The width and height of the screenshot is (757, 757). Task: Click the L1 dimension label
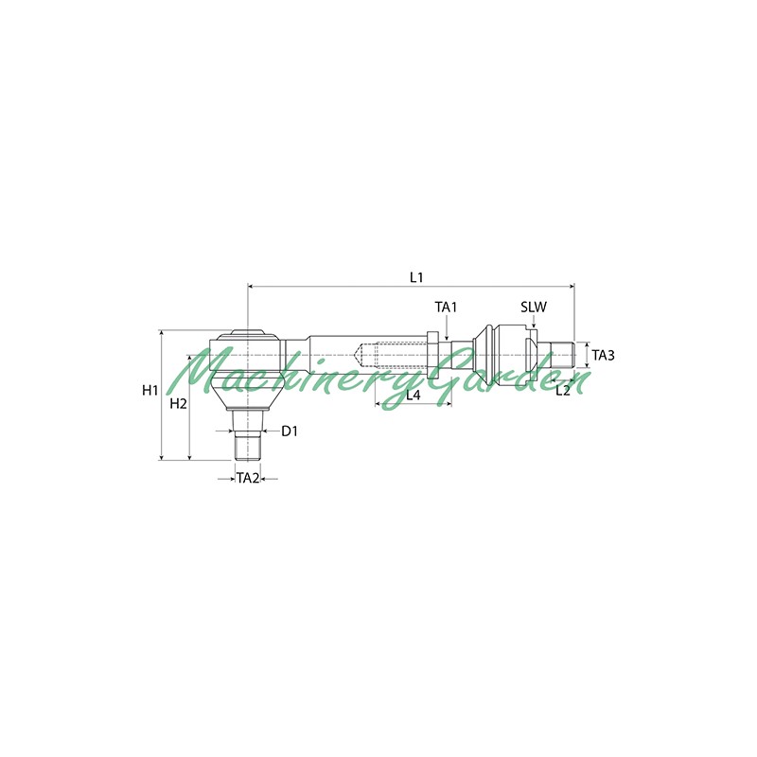click(x=416, y=277)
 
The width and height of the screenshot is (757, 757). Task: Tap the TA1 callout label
click(x=446, y=307)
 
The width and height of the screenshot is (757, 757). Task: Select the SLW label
click(x=534, y=307)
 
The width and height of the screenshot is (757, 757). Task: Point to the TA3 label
click(x=603, y=356)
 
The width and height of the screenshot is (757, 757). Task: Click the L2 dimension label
click(x=563, y=391)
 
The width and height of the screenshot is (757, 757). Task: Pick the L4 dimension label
click(x=414, y=396)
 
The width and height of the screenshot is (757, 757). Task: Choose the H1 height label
click(x=150, y=390)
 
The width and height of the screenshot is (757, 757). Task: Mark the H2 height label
click(x=178, y=404)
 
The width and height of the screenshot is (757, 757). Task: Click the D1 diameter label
click(x=290, y=431)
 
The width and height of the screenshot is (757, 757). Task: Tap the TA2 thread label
click(x=248, y=479)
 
